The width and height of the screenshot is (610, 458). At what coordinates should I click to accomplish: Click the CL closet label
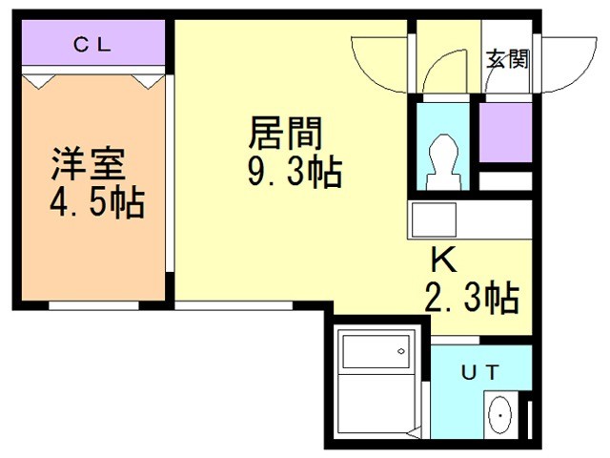click(92, 45)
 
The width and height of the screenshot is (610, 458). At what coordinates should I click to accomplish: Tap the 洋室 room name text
click(89, 163)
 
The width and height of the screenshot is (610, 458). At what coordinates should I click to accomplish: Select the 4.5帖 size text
click(97, 202)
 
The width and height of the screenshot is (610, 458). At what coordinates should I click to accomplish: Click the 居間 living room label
click(286, 134)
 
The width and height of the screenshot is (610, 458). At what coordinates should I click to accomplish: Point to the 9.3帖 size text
click(295, 172)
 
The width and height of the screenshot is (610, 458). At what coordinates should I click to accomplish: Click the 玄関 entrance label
click(507, 59)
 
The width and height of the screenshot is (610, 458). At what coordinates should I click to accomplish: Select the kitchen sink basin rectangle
click(434, 219)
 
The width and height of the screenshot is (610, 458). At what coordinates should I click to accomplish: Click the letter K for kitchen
click(444, 260)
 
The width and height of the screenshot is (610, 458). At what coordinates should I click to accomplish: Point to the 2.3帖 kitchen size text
click(472, 298)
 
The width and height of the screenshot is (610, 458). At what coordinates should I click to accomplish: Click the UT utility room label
click(480, 373)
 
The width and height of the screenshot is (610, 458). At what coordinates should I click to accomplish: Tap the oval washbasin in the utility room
click(499, 415)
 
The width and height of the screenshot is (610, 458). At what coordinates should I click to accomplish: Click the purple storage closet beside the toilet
click(505, 132)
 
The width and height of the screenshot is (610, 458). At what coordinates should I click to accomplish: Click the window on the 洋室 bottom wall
click(93, 305)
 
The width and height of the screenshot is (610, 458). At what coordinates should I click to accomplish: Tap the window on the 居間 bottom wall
click(234, 305)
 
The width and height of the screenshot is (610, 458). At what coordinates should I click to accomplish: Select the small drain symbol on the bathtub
click(400, 351)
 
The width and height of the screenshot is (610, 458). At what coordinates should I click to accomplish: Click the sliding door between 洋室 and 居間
click(170, 174)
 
